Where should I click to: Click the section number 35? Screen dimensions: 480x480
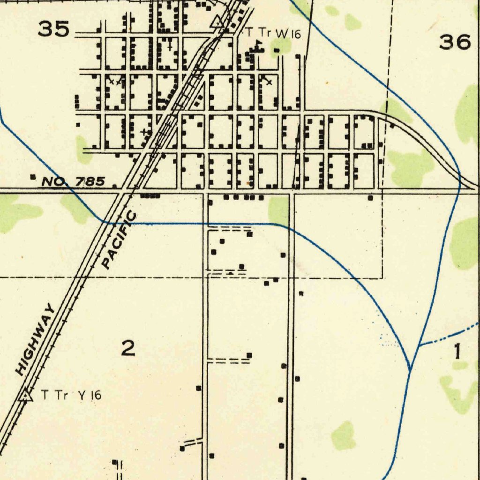(x=54, y=29)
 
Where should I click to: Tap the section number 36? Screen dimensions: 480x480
(x=454, y=43)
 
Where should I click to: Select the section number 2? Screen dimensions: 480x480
(x=128, y=348)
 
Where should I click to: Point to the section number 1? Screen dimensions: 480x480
(x=458, y=352)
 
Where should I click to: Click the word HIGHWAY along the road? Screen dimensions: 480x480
(x=35, y=340)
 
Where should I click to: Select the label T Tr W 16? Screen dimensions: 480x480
(x=273, y=33)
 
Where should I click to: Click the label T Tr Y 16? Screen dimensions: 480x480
(x=71, y=395)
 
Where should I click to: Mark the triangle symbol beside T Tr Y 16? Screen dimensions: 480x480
(x=25, y=396)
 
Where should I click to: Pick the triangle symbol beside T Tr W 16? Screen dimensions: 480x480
(x=217, y=22)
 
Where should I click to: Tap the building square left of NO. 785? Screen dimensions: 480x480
(x=32, y=177)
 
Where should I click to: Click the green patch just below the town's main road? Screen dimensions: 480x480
(x=278, y=210)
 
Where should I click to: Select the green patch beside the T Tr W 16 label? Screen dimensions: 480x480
(x=281, y=45)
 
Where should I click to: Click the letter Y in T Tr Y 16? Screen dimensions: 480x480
(x=82, y=395)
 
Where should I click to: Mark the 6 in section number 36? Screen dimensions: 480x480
(x=463, y=43)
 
